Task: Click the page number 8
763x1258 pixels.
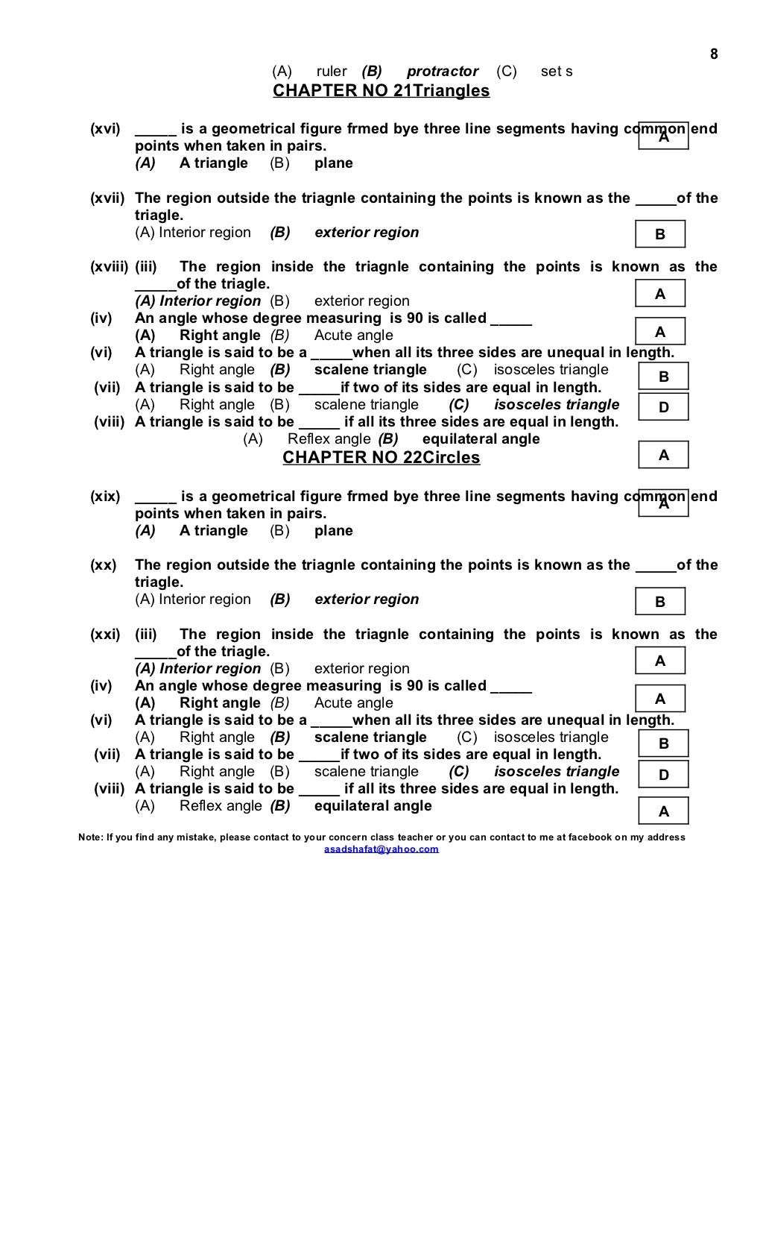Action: tap(714, 54)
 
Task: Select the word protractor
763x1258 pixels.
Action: tap(443, 72)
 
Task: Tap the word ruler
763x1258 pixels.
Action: tap(332, 72)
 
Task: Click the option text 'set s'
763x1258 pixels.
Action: tap(557, 72)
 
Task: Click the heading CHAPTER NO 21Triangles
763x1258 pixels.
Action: tap(381, 91)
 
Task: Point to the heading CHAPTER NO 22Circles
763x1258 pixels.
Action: tap(381, 458)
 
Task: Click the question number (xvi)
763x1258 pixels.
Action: tap(105, 129)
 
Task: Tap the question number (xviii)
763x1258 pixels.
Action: tap(110, 267)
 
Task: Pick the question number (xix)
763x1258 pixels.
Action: tap(105, 497)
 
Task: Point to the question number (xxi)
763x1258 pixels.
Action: tap(105, 635)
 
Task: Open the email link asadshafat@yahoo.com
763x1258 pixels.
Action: tap(381, 849)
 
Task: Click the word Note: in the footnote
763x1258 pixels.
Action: tap(91, 837)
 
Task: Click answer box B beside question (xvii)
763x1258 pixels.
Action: tap(660, 235)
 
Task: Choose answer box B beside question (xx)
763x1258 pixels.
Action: tap(660, 602)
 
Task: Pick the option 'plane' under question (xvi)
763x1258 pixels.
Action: tap(334, 163)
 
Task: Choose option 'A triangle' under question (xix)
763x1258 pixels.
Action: tap(214, 531)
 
